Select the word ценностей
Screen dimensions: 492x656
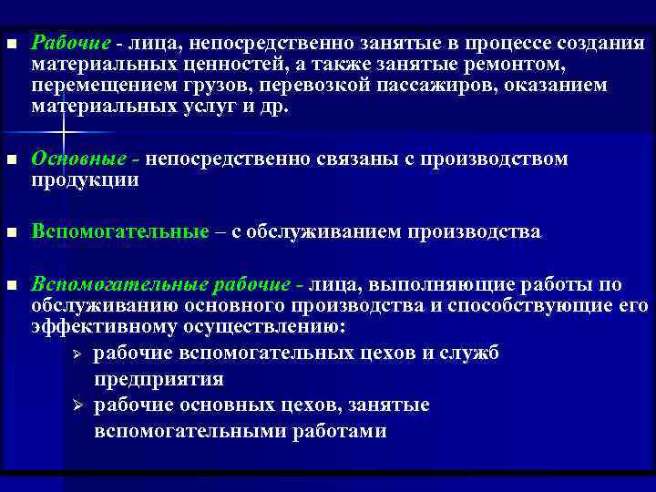pyautogui.click(x=225, y=65)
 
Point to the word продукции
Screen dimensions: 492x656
pyautogui.click(x=85, y=179)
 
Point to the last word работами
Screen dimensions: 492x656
pyautogui.click(x=342, y=431)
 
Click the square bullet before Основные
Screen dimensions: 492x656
pyautogui.click(x=11, y=159)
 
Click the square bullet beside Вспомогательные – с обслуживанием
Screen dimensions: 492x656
pyautogui.click(x=11, y=232)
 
